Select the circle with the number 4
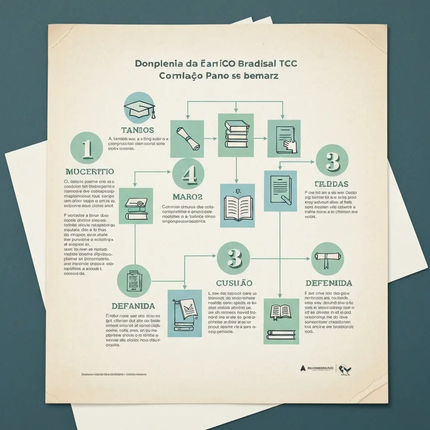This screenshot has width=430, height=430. (188, 174)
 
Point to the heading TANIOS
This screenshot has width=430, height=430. (137, 130)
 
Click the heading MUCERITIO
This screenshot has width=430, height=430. (90, 171)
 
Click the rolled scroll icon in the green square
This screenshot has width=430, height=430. (187, 137)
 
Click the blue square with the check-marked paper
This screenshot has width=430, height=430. (184, 313)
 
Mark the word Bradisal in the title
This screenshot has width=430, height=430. (257, 64)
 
